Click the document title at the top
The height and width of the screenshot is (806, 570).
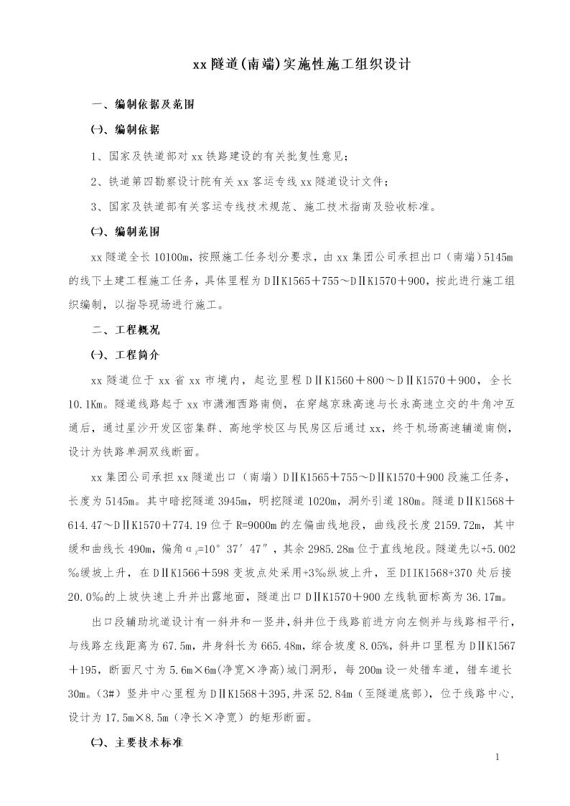pos(301,65)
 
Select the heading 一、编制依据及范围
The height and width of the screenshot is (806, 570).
pos(144,105)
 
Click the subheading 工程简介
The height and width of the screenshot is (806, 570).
pos(126,355)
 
